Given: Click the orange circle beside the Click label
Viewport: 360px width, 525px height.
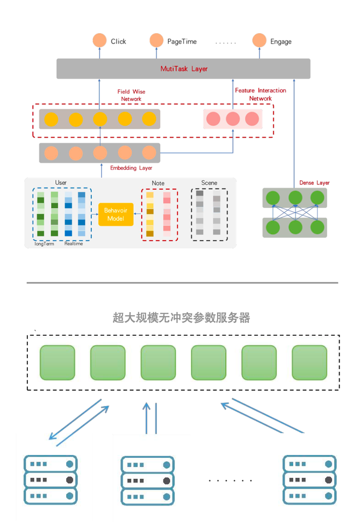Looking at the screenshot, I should pos(99,40).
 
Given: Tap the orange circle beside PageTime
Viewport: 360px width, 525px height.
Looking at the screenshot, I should pos(156,40).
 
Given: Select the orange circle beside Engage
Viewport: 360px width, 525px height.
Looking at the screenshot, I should pos(260,40).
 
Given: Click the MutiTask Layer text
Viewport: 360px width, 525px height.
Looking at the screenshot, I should pos(184,69).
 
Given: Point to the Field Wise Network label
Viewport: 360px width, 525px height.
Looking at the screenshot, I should pos(131,95).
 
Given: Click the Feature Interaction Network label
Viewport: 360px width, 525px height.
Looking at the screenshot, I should pos(261,94).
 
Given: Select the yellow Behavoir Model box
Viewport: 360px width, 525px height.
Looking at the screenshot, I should pos(116,214).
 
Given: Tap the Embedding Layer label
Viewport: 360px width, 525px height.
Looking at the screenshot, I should pos(131,168).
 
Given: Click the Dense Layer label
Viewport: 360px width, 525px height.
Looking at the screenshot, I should pos(315,183).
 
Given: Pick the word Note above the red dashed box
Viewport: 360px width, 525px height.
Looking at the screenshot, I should pos(158,183).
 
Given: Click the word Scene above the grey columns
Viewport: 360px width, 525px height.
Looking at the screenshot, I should pos(209,183).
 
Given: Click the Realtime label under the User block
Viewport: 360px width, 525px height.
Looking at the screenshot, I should pos(73,243).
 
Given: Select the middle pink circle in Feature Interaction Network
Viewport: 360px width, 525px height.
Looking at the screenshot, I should pos(233,119).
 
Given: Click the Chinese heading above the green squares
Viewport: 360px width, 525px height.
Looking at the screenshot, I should pos(182,318).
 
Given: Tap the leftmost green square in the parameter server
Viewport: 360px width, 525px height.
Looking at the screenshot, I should pos(57,363).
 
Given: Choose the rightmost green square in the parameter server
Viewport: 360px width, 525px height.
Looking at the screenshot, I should pos(309,363).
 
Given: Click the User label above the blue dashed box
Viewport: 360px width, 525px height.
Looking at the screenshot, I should pos(61,183).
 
